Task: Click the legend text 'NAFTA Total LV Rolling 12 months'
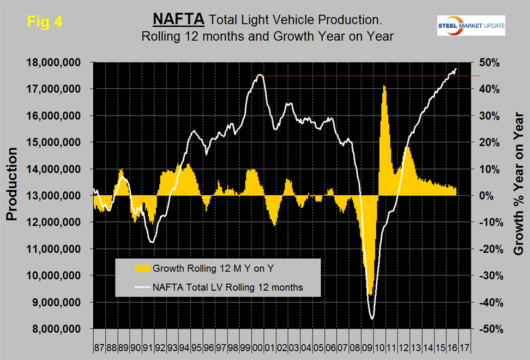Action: (227, 286)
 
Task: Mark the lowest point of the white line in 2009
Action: (372, 319)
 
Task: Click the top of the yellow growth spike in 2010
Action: (384, 86)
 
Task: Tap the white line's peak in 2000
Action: (260, 75)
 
